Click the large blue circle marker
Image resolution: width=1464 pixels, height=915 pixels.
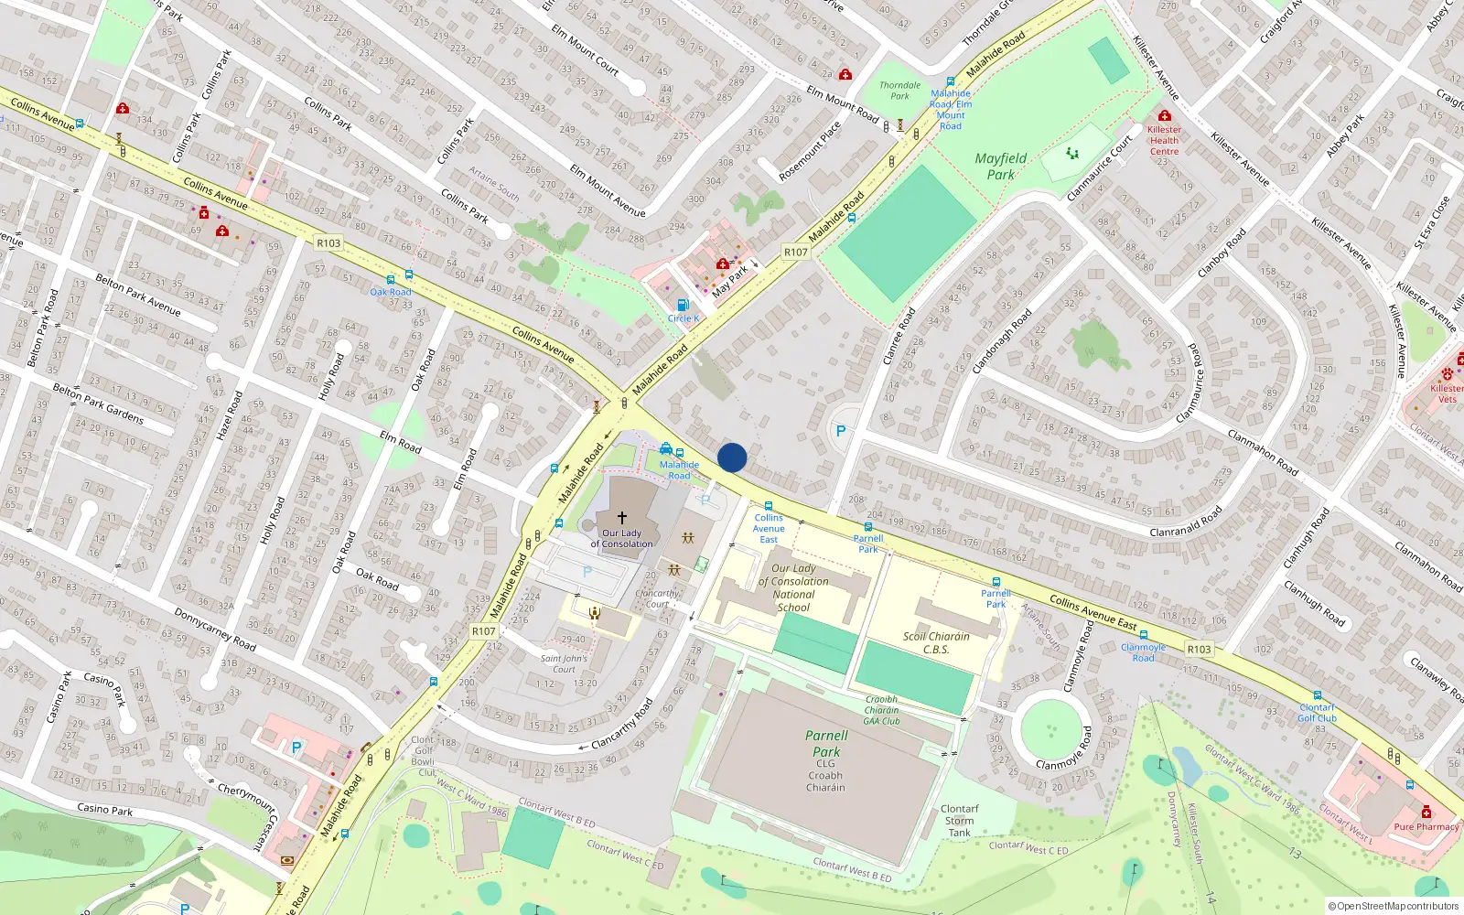coord(732,457)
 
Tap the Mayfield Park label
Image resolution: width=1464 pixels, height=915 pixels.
coord(1000,166)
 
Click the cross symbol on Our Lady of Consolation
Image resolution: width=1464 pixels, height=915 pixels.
coord(622,517)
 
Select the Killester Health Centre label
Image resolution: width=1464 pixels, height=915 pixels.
coord(1164,140)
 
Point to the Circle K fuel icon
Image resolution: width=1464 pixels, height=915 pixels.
coord(682,305)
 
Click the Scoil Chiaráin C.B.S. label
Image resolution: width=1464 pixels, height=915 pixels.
coord(936,642)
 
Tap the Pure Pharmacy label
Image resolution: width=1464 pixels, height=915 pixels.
coord(1426,826)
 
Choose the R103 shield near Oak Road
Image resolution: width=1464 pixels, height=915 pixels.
coord(328,242)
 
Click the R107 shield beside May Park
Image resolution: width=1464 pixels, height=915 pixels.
coord(795,252)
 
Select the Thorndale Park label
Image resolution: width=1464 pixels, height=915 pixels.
coord(900,90)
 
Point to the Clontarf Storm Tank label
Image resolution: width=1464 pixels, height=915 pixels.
coord(959,820)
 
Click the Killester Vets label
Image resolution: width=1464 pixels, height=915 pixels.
coord(1447,393)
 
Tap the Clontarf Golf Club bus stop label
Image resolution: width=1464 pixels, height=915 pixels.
coord(1317,713)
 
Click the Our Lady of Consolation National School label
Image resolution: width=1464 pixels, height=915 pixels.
coord(793,587)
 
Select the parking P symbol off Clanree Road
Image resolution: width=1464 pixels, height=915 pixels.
coord(841,430)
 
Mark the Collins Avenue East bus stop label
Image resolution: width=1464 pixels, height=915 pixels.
coord(769,528)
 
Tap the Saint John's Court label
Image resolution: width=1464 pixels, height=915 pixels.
coord(564,663)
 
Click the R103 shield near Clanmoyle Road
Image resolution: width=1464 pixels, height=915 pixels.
coord(1199,649)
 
